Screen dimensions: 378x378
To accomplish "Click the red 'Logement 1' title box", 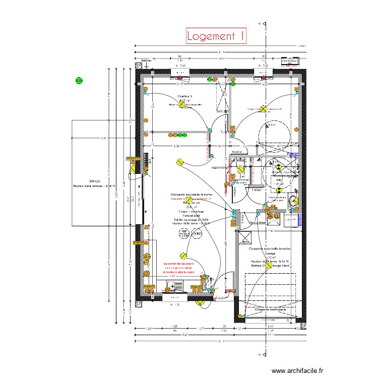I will click(216, 36).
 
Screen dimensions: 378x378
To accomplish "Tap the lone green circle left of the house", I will click(79, 80).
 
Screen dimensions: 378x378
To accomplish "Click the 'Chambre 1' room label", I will click(185, 96).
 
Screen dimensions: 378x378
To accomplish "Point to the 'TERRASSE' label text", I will click(94, 181).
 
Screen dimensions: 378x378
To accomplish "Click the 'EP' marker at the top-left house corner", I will click(139, 66).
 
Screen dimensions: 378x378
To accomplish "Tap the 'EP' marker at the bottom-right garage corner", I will click(303, 326).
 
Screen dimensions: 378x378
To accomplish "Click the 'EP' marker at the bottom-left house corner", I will click(138, 304).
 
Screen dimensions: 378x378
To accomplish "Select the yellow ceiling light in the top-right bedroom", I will click(263, 109).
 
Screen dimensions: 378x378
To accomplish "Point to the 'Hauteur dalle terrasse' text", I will click(94, 186).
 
